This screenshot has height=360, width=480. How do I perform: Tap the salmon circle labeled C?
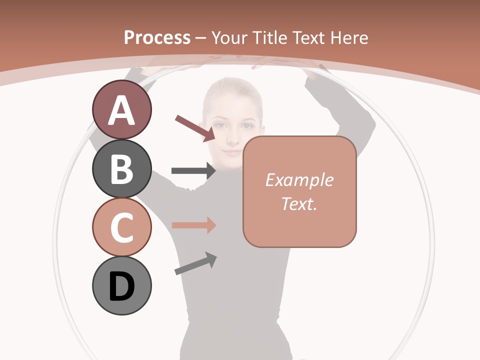click(121, 227)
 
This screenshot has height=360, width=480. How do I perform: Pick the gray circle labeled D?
click(121, 285)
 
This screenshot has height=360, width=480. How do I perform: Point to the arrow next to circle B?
click(193, 171)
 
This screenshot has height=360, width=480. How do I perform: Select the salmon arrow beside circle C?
click(193, 225)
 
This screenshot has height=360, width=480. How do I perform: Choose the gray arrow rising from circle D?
click(195, 263)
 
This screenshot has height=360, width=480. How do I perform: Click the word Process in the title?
click(157, 37)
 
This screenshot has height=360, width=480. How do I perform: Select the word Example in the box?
click(299, 180)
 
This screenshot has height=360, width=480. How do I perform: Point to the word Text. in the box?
click(299, 203)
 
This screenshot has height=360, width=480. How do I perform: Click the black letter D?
click(121, 286)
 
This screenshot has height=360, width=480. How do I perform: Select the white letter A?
click(121, 111)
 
